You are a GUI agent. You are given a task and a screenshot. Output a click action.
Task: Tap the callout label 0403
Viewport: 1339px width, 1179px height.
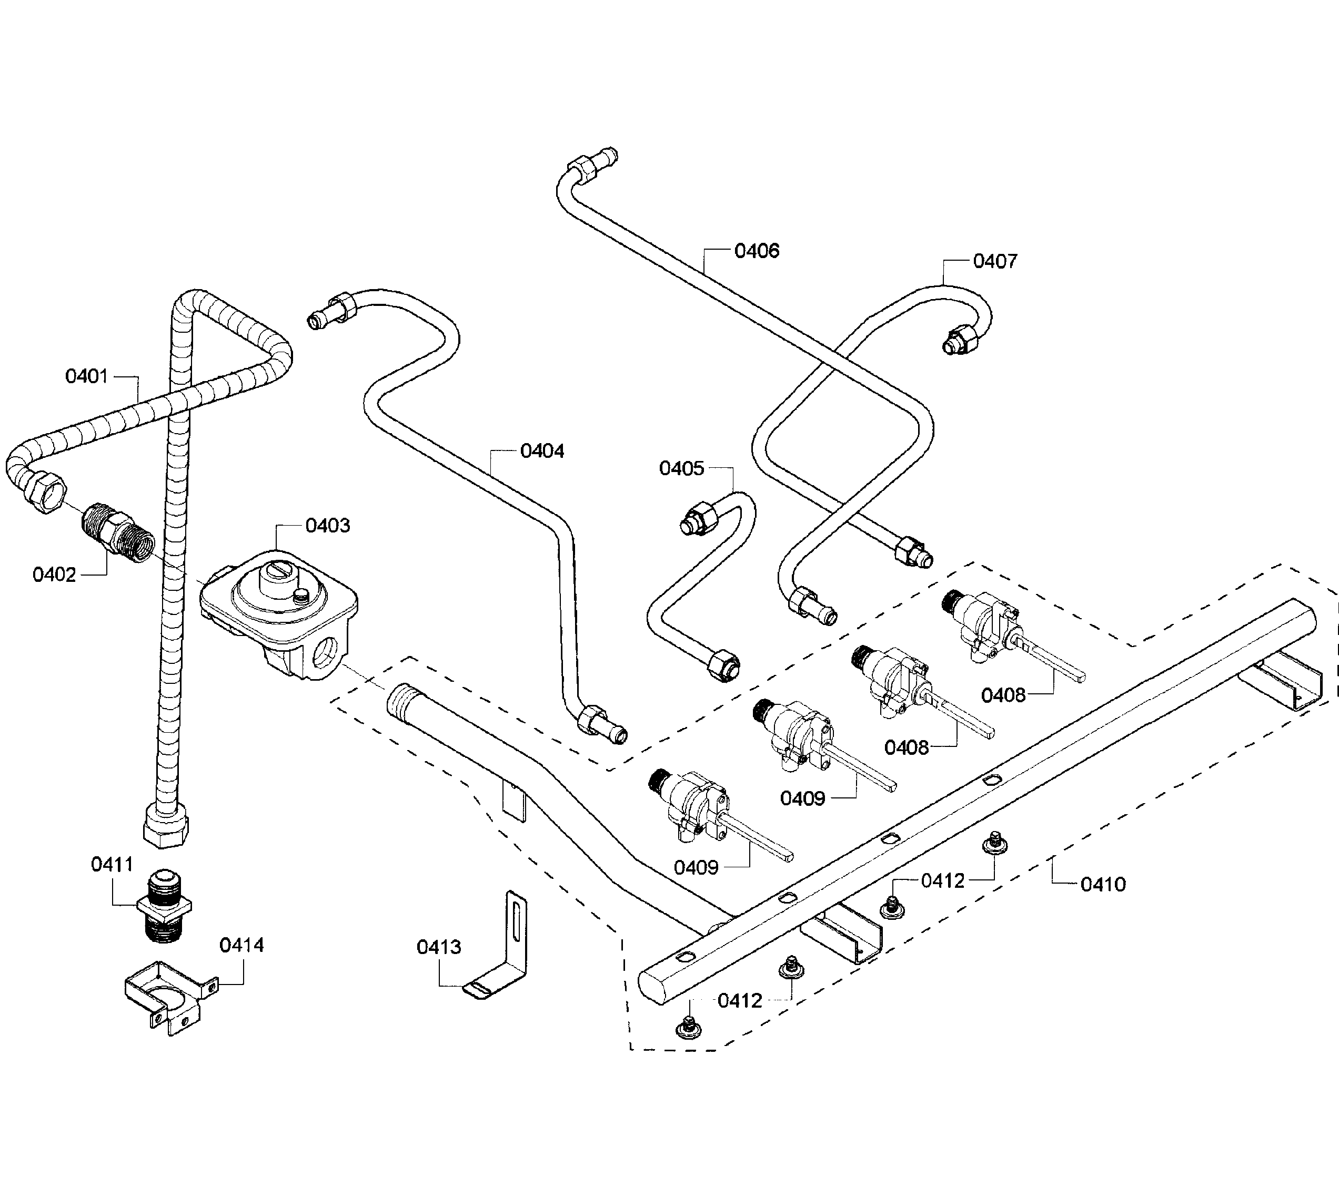[328, 526]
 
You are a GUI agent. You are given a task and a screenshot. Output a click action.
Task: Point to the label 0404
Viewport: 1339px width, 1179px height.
[542, 451]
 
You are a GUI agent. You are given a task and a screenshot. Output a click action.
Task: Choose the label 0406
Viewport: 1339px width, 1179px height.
[757, 251]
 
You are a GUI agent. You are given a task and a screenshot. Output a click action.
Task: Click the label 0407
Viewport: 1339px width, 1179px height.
[995, 261]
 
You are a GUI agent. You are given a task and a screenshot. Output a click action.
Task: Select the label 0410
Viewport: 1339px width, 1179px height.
[1103, 885]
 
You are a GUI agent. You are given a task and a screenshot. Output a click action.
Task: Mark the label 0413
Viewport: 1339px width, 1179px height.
[439, 947]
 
